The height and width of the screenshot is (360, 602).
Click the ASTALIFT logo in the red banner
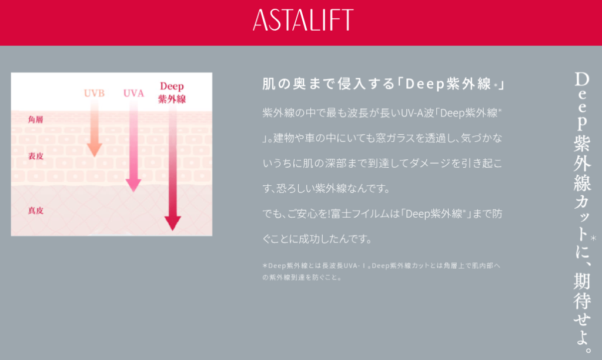(303, 20)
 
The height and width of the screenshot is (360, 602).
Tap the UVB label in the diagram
(94, 94)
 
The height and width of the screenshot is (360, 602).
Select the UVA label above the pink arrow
(133, 94)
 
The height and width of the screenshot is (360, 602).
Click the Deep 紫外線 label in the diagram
(172, 92)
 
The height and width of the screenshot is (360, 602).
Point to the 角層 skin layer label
(35, 119)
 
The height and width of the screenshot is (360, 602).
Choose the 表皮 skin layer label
(35, 156)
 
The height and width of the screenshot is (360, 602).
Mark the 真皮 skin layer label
(35, 211)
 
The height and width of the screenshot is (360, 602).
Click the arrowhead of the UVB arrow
(95, 149)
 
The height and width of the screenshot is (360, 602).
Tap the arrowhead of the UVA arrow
(133, 185)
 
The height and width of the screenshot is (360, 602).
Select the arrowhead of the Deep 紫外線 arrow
(173, 223)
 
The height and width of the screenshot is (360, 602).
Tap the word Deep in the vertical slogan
(582, 100)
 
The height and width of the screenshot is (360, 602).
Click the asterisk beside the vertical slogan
(594, 239)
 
